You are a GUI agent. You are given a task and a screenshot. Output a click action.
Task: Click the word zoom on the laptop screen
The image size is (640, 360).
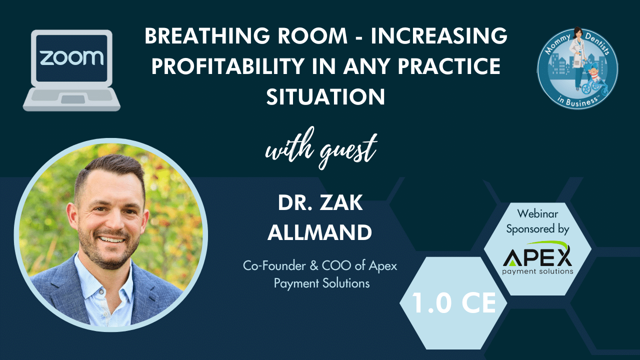point(71,57)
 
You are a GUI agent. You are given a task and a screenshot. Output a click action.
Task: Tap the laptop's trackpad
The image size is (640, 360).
point(73,99)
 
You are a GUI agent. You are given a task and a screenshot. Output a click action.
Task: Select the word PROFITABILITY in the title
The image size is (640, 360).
point(227,66)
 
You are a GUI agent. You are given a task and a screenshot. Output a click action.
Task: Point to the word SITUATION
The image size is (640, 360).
point(325,97)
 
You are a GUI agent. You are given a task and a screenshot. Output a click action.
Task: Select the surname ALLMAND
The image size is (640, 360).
point(319,232)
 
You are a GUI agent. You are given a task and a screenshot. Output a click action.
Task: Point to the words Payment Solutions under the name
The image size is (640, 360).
point(321,283)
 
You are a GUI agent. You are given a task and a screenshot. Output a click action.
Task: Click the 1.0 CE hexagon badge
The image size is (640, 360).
point(453,303)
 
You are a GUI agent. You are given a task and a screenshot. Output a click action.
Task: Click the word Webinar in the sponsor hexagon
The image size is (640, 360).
point(537,213)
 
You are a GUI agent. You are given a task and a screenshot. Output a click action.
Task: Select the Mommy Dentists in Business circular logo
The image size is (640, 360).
point(577,68)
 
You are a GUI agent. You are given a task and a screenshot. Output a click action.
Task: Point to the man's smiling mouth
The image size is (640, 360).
point(111,239)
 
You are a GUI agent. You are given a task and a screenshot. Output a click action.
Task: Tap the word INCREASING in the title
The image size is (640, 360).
point(439,36)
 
